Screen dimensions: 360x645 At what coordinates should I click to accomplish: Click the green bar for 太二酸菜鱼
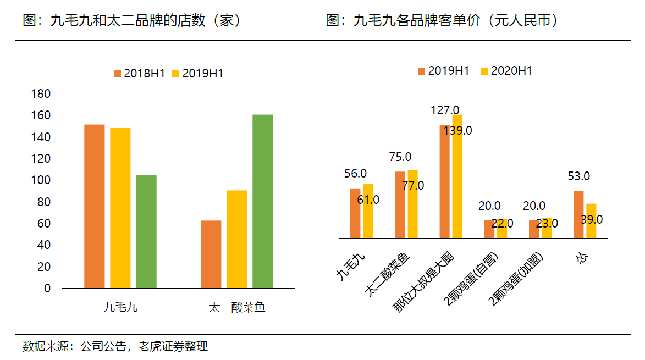[x=263, y=201]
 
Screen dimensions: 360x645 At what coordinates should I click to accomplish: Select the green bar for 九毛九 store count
[x=146, y=231]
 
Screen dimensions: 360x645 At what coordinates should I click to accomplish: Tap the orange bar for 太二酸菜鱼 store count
[x=211, y=254]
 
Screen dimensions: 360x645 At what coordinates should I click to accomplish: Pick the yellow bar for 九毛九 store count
[x=120, y=208]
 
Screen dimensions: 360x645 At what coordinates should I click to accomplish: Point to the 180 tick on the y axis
[x=42, y=94]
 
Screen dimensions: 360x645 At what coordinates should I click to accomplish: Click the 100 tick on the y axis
[x=42, y=180]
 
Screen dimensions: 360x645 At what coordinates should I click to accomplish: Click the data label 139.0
[x=458, y=130]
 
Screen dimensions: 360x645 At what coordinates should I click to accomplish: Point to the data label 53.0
[x=578, y=176]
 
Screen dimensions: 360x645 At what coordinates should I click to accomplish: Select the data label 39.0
[x=592, y=219]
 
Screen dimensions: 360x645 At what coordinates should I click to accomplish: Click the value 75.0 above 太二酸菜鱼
[x=400, y=157]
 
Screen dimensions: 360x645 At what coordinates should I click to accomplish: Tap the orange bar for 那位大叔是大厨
[x=444, y=181]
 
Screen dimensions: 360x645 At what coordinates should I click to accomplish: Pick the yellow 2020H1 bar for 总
[x=591, y=221]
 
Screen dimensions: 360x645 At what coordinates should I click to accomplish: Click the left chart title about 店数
[x=132, y=21]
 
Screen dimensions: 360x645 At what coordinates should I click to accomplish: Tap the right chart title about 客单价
[x=442, y=21]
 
